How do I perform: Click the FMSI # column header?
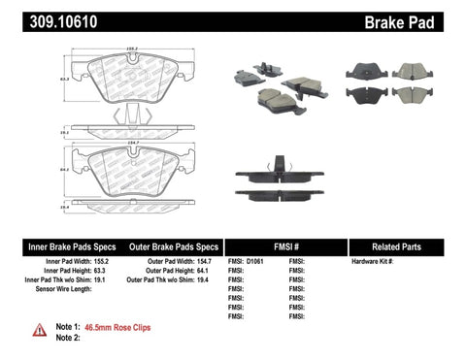pyautogui.click(x=284, y=247)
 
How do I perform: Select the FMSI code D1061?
pyautogui.click(x=255, y=262)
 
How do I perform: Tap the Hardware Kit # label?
pyautogui.click(x=373, y=262)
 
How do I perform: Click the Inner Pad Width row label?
pyautogui.click(x=66, y=262)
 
